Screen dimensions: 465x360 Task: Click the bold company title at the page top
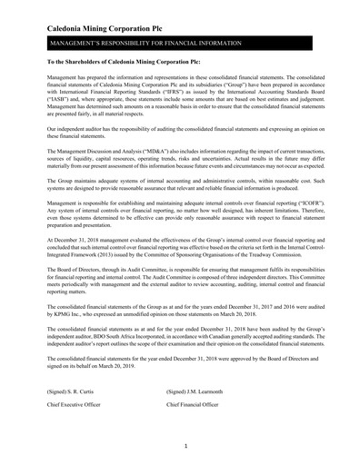[105, 30]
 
